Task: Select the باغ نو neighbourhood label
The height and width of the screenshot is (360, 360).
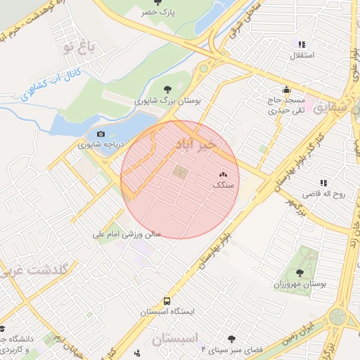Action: click(x=77, y=48)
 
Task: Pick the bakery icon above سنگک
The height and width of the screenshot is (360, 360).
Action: click(x=224, y=174)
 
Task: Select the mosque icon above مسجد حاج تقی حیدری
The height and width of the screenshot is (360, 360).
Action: click(x=286, y=90)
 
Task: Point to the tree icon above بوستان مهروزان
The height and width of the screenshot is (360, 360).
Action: click(x=300, y=272)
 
